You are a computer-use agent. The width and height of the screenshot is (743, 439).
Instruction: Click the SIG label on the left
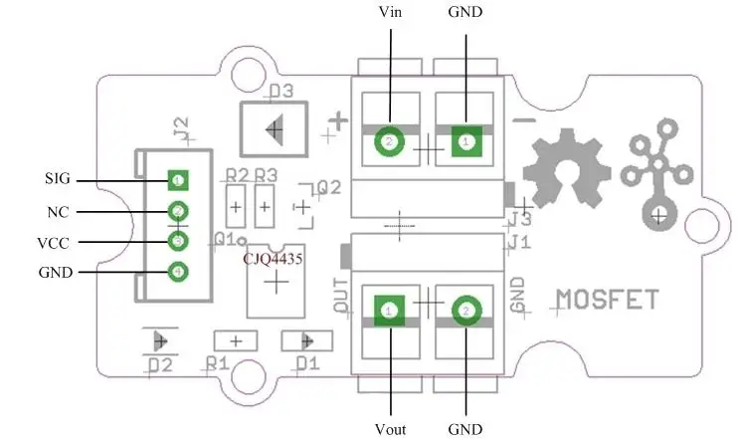tap(58, 180)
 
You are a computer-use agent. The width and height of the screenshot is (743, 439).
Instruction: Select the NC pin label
tap(57, 212)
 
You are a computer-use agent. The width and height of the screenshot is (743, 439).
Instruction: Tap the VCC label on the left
tap(54, 242)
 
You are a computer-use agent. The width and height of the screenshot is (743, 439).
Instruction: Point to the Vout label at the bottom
tap(391, 429)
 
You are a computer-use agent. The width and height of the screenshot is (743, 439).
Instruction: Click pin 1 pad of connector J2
tap(178, 180)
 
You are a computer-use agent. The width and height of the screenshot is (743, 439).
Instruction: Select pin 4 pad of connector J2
tap(178, 270)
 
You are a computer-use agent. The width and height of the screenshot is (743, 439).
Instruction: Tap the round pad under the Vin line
tap(389, 143)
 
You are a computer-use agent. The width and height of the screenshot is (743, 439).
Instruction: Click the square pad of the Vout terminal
tap(389, 311)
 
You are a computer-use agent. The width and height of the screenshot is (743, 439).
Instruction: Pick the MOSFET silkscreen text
tap(606, 299)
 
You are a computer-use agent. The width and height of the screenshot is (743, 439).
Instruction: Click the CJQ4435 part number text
tap(274, 258)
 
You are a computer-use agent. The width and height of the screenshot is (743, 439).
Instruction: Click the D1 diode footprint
tap(299, 340)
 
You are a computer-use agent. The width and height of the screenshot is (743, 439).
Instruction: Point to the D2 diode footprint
tap(159, 340)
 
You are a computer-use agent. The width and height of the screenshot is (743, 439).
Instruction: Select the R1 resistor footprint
tap(237, 340)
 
